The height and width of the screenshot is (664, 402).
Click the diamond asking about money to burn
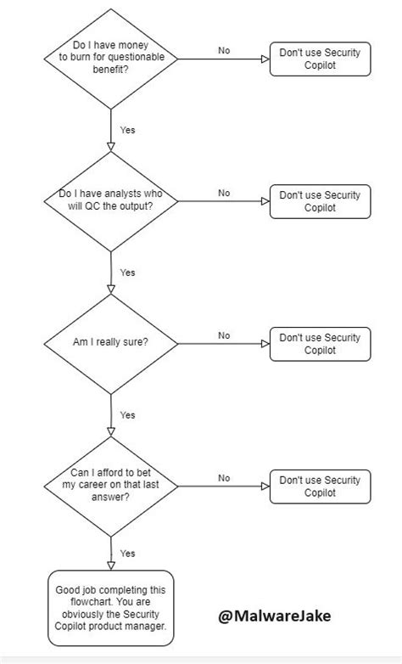click(x=111, y=59)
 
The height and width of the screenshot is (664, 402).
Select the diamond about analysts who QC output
click(x=111, y=201)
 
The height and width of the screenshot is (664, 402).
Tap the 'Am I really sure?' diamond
click(x=111, y=344)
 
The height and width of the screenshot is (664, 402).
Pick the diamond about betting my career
click(x=111, y=486)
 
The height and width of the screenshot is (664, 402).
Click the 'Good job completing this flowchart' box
click(x=111, y=608)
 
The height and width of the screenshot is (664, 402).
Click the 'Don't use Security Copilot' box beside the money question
click(x=320, y=59)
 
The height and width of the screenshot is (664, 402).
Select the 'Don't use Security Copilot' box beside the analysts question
click(x=320, y=201)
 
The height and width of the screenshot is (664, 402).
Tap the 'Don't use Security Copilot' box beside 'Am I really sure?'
click(x=320, y=344)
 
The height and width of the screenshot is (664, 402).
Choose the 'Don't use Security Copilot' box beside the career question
click(x=320, y=486)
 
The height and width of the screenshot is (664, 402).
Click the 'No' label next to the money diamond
click(x=224, y=51)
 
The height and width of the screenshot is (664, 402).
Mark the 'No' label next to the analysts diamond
click(x=224, y=193)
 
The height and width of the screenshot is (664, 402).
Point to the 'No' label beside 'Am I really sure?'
click(x=224, y=335)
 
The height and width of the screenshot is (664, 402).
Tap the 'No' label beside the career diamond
click(x=224, y=478)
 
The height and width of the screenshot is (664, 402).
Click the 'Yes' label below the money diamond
click(x=128, y=131)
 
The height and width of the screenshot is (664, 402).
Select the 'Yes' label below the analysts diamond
click(x=128, y=273)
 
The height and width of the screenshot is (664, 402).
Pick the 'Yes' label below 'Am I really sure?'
click(x=128, y=415)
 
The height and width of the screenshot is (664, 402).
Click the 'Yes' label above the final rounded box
click(x=128, y=553)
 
